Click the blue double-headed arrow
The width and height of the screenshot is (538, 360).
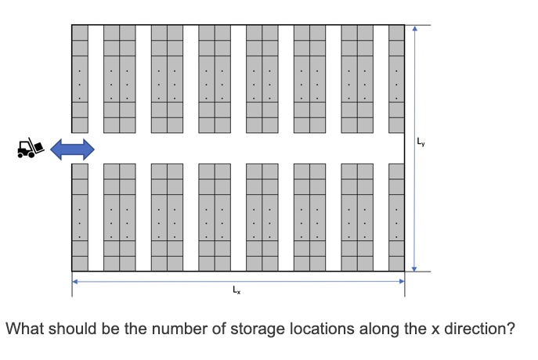[72, 147]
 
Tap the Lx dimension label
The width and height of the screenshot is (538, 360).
[237, 291]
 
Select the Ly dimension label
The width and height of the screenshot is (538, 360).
[422, 142]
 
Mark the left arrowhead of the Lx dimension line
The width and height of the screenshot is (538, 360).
[75, 280]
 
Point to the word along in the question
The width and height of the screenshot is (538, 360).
[381, 329]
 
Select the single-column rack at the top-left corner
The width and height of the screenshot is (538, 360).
[80, 78]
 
